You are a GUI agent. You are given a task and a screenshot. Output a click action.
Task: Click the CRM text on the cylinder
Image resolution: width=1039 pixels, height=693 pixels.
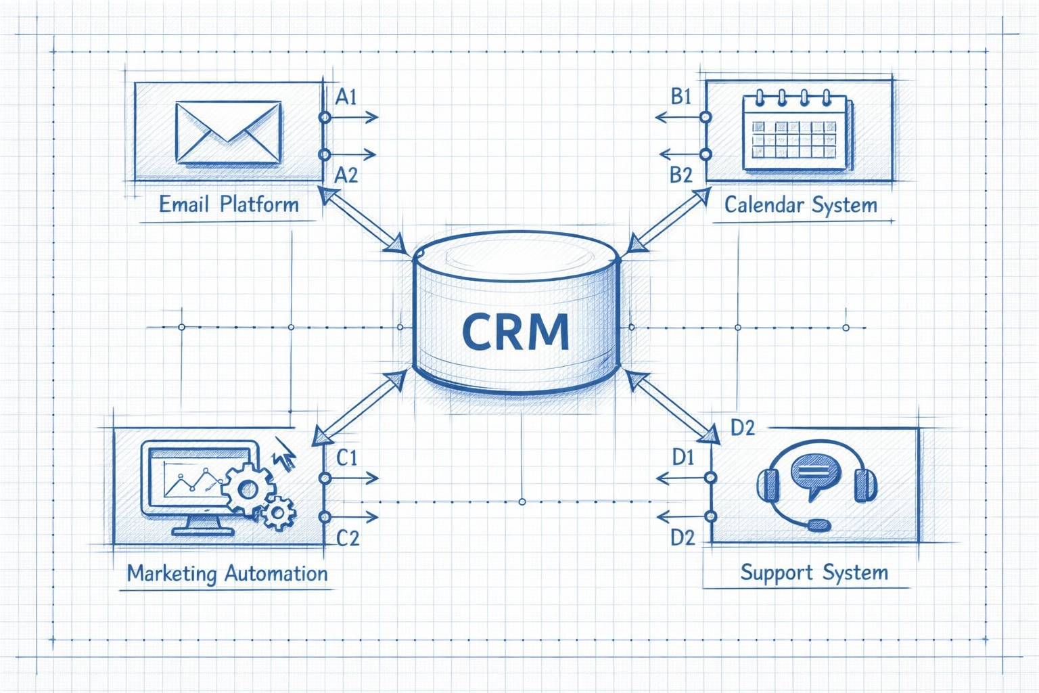(515, 331)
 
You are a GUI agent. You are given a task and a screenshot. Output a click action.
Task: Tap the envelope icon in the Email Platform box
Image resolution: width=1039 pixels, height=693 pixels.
(228, 133)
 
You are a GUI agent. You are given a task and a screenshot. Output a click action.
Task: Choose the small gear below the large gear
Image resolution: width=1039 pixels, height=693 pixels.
(277, 513)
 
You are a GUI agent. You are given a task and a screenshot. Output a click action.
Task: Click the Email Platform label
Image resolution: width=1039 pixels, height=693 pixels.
(229, 204)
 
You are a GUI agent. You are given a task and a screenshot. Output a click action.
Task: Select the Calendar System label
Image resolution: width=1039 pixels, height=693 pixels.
(800, 204)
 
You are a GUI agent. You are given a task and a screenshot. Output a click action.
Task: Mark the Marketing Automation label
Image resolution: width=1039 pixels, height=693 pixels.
(227, 574)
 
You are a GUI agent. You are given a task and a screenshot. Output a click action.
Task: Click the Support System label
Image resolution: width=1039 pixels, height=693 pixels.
(814, 573)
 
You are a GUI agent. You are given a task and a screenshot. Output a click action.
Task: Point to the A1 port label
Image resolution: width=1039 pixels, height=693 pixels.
(346, 97)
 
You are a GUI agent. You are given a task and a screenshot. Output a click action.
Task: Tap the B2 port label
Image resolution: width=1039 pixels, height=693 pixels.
(681, 175)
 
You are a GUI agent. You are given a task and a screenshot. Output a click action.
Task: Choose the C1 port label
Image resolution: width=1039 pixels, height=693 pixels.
(347, 458)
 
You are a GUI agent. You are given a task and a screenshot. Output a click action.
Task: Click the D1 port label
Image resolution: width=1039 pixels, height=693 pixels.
(683, 458)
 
